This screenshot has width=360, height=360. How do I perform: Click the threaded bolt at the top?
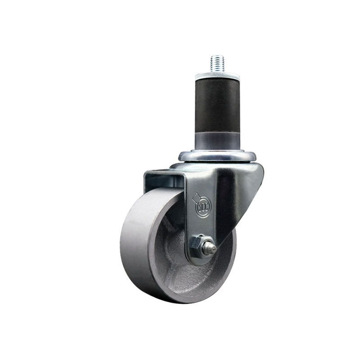coord(217,63)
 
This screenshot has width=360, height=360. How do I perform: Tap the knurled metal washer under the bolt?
coord(217,76)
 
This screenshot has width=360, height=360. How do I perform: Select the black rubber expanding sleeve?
coord(217,106)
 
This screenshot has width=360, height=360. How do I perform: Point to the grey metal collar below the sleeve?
coord(217,140)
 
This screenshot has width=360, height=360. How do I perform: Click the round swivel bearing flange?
coord(217,156)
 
